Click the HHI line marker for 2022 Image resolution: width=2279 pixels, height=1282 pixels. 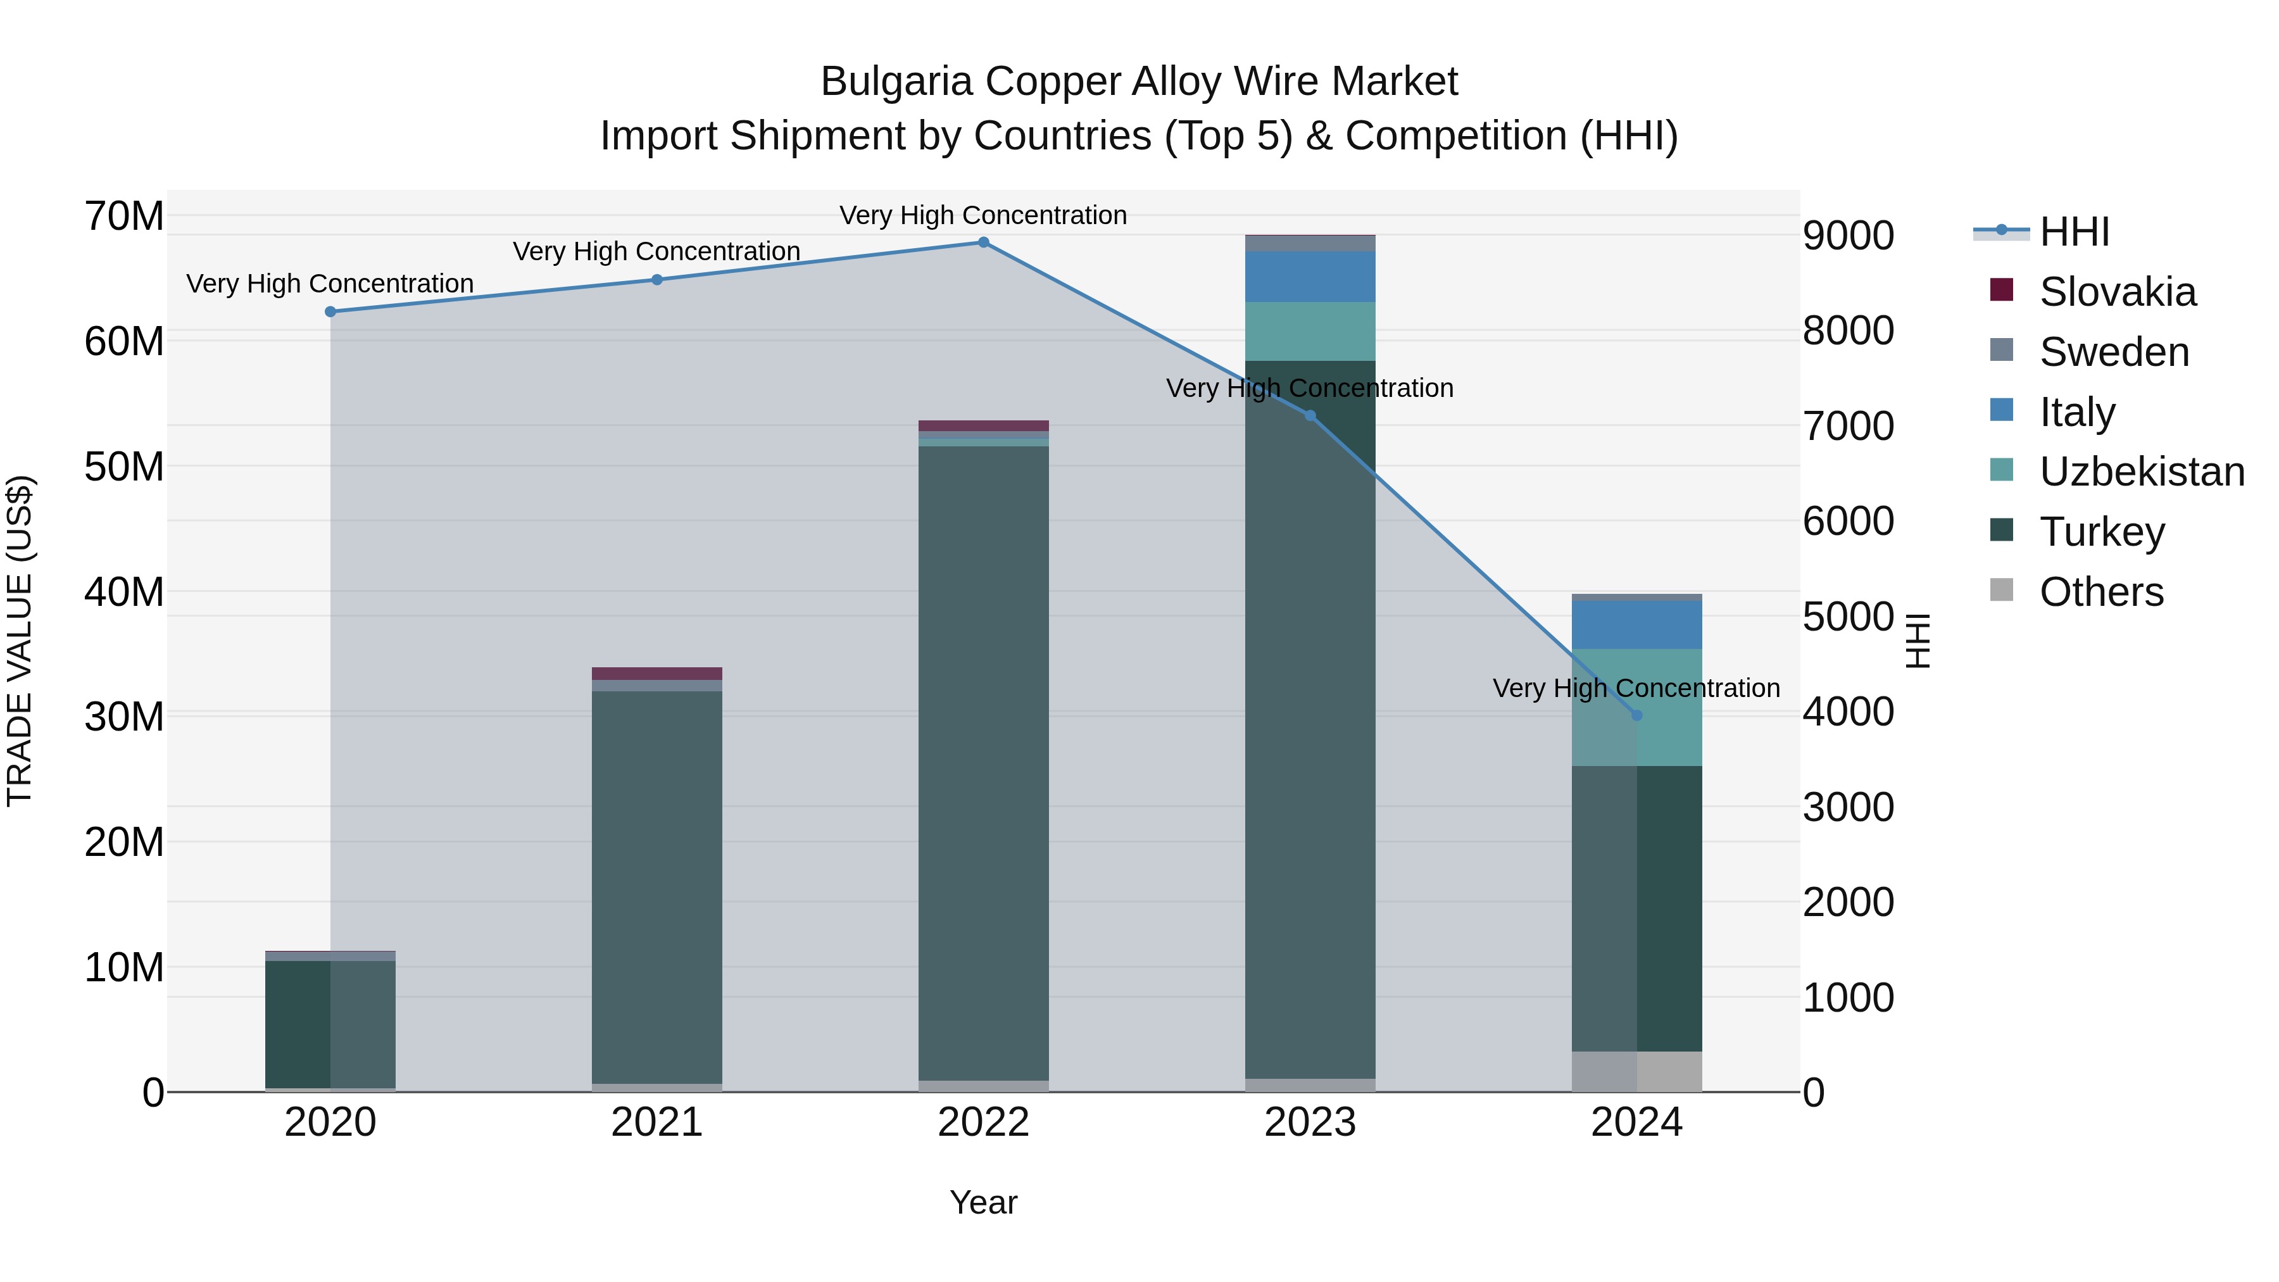point(983,242)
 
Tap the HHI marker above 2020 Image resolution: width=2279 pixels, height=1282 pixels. point(330,311)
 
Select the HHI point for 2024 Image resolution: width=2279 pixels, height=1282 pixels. point(1636,715)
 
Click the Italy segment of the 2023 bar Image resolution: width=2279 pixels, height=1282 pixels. point(1310,276)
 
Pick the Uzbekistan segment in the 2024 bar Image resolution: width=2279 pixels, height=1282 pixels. point(1636,707)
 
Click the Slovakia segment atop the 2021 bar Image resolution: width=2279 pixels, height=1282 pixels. point(656,674)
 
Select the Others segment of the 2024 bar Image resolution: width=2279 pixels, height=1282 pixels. point(1636,1071)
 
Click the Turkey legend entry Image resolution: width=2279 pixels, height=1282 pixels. point(2102,532)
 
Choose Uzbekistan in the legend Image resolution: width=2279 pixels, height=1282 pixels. point(2142,472)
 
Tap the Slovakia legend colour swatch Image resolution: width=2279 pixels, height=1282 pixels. point(2001,290)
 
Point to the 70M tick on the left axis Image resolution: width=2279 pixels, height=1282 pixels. point(124,216)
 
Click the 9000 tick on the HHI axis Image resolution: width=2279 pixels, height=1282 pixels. point(1848,236)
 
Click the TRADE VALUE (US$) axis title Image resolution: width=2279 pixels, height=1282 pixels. point(20,641)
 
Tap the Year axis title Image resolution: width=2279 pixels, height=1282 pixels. point(983,1202)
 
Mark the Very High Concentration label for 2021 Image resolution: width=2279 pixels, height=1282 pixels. point(656,251)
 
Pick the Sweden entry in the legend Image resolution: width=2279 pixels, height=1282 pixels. point(2114,352)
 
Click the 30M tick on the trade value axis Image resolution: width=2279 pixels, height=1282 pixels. point(124,717)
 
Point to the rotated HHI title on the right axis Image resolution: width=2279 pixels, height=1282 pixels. point(1916,641)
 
